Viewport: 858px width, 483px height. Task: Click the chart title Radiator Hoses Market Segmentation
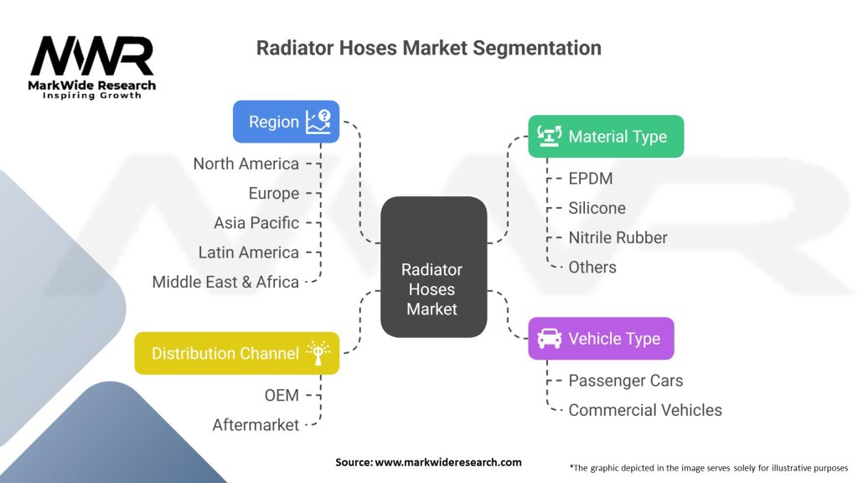(x=428, y=48)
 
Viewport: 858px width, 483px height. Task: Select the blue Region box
(x=286, y=122)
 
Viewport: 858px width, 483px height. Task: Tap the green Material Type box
(x=606, y=136)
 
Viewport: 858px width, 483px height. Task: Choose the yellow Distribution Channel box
(x=237, y=353)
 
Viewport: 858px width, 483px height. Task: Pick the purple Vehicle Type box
(x=601, y=339)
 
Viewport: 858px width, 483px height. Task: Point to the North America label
(x=246, y=164)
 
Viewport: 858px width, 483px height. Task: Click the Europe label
(x=273, y=193)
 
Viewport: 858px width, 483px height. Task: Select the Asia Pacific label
(x=256, y=222)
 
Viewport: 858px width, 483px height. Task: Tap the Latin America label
(x=248, y=252)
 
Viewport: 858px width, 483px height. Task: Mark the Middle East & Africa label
(x=225, y=282)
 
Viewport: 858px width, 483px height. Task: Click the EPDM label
(x=591, y=179)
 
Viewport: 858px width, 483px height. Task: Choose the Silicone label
(x=597, y=208)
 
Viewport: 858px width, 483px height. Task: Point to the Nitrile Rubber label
(x=618, y=237)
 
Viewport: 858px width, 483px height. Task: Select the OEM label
(x=281, y=395)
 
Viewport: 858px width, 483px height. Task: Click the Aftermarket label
(x=256, y=425)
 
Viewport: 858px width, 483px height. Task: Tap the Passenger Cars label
(x=625, y=381)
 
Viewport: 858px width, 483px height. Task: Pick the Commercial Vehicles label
(x=644, y=410)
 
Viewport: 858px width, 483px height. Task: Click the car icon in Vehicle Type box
(x=549, y=339)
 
